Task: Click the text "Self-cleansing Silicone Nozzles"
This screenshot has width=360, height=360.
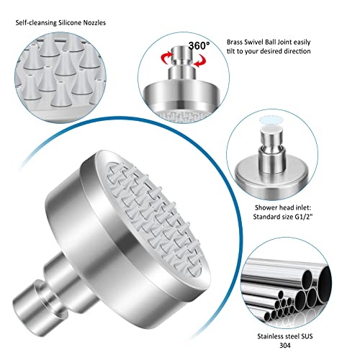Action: pyautogui.click(x=64, y=22)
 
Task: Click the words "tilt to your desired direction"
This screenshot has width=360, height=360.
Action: pyautogui.click(x=274, y=52)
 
